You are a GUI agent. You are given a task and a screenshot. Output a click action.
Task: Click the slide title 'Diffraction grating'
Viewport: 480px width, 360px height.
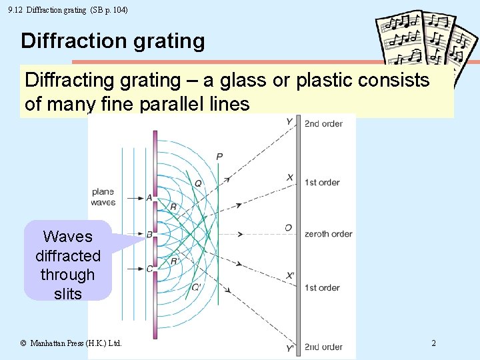pyautogui.click(x=113, y=41)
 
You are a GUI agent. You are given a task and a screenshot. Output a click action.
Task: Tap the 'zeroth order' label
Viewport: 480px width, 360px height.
pyautogui.click(x=328, y=233)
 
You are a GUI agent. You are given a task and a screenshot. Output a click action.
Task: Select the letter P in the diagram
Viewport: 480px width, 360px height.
pyautogui.click(x=219, y=157)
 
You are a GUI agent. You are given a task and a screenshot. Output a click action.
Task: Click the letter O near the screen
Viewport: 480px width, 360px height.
pyautogui.click(x=288, y=228)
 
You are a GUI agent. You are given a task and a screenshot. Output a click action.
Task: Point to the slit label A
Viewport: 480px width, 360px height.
pyautogui.click(x=149, y=198)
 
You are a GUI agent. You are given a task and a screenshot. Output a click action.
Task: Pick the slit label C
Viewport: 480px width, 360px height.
pyautogui.click(x=149, y=269)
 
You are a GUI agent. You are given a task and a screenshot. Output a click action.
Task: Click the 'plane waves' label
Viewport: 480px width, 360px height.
pyautogui.click(x=103, y=197)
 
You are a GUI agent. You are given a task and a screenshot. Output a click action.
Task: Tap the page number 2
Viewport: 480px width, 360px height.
pyautogui.click(x=433, y=343)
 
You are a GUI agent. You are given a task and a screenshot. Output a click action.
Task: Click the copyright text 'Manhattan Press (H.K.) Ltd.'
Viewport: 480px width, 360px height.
pyautogui.click(x=71, y=343)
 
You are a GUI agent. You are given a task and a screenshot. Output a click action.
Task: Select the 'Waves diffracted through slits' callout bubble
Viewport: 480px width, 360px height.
pyautogui.click(x=67, y=265)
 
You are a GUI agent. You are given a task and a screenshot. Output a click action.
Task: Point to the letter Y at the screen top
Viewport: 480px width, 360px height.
pyautogui.click(x=289, y=121)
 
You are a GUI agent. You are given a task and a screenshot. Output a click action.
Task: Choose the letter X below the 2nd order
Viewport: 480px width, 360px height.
pyautogui.click(x=290, y=177)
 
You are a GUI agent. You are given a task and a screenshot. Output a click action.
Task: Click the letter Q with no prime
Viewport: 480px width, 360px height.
pyautogui.click(x=198, y=183)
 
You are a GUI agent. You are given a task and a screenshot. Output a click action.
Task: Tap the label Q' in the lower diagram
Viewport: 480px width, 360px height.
pyautogui.click(x=196, y=287)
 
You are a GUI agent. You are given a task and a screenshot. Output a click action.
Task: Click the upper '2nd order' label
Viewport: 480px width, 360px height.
pyautogui.click(x=323, y=123)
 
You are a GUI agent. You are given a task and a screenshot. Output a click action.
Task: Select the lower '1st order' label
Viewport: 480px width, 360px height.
pyautogui.click(x=322, y=287)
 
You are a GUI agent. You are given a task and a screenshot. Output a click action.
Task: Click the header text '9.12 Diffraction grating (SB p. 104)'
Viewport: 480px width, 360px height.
pyautogui.click(x=68, y=10)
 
